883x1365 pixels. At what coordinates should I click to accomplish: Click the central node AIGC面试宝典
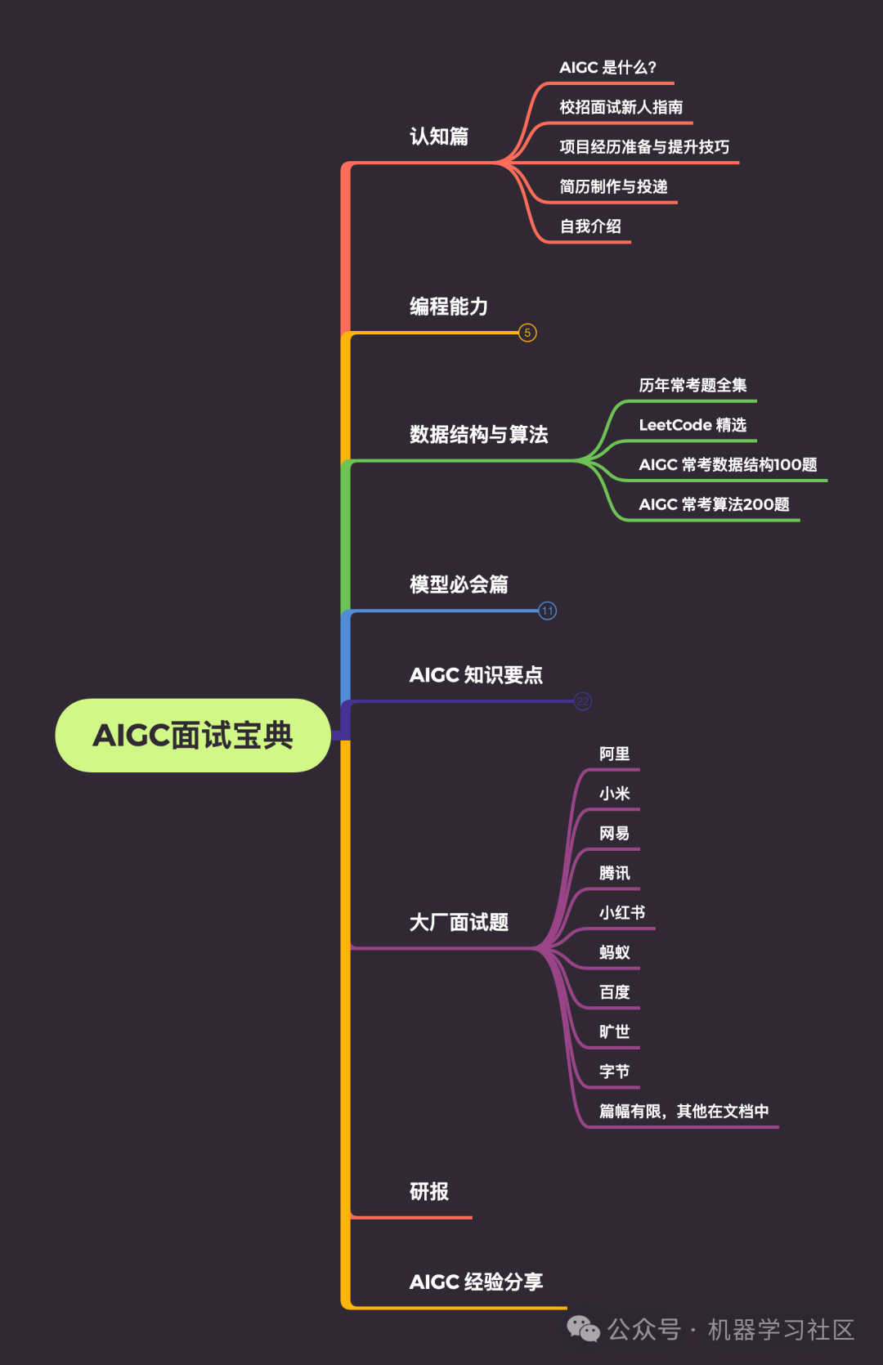point(193,735)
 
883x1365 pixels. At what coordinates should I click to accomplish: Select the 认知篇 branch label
point(439,136)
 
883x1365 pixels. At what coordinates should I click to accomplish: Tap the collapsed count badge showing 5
point(527,333)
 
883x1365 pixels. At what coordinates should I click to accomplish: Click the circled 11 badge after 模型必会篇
point(547,611)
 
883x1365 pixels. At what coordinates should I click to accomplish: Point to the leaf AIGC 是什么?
point(607,68)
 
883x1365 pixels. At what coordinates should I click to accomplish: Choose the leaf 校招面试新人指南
point(621,107)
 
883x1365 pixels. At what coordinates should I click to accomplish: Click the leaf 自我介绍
point(590,226)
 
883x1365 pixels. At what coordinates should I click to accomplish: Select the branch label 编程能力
point(449,307)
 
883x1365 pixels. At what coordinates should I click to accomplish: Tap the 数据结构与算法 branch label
point(478,434)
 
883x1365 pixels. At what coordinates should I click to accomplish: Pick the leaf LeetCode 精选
point(693,425)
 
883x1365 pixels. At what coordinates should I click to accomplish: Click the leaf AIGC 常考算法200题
point(714,504)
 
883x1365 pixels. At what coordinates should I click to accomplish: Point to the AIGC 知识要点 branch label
point(476,675)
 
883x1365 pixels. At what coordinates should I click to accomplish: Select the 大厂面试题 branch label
point(459,923)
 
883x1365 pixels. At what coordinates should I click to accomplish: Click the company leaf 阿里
point(614,754)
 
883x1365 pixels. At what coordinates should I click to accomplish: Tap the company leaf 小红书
point(622,912)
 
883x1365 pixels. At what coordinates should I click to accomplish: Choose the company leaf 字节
point(614,1072)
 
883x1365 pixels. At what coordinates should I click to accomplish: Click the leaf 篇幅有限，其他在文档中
point(684,1112)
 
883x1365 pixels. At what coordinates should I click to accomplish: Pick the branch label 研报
point(429,1192)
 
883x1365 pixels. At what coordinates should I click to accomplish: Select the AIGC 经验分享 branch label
point(476,1282)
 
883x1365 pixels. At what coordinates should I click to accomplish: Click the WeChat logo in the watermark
point(584,1329)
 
